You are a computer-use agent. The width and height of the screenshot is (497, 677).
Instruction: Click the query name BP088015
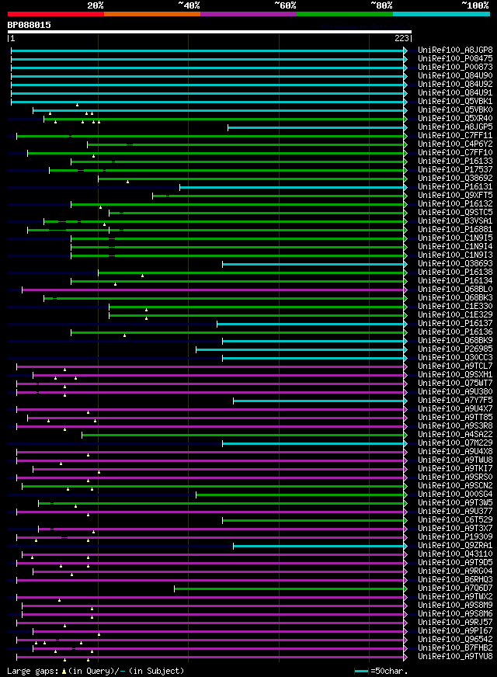pyautogui.click(x=30, y=25)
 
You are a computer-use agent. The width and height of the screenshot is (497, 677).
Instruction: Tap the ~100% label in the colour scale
pyautogui.click(x=474, y=5)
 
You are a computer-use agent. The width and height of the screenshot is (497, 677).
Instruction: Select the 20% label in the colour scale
pyautogui.click(x=96, y=5)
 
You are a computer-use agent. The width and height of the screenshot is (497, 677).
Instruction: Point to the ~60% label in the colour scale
pyautogui.click(x=285, y=5)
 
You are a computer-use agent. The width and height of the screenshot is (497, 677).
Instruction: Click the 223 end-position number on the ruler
pyautogui.click(x=402, y=38)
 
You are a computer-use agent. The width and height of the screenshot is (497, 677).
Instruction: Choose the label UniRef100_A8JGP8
pyautogui.click(x=455, y=50)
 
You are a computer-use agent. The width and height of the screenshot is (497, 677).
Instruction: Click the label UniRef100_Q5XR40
pyautogui.click(x=455, y=118)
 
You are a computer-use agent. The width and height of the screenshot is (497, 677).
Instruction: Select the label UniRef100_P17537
pyautogui.click(x=455, y=169)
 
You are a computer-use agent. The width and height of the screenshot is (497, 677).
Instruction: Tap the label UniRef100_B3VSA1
pyautogui.click(x=455, y=220)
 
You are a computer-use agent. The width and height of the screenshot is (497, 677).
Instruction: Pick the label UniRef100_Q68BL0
pyautogui.click(x=455, y=289)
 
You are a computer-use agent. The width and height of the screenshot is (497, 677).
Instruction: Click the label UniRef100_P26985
pyautogui.click(x=455, y=349)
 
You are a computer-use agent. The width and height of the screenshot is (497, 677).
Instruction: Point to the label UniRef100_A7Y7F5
pyautogui.click(x=455, y=400)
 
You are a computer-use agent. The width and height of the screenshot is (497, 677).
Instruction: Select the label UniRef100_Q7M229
pyautogui.click(x=455, y=443)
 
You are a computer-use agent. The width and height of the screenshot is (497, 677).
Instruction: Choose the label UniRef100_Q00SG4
pyautogui.click(x=455, y=494)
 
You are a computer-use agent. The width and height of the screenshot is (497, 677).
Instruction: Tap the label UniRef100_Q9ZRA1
pyautogui.click(x=455, y=545)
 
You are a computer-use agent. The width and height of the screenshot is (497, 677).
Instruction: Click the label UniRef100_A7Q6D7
pyautogui.click(x=455, y=588)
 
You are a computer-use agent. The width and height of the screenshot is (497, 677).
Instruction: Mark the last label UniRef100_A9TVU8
pyautogui.click(x=455, y=656)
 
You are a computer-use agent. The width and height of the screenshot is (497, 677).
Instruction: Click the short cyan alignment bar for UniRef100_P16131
pyautogui.click(x=292, y=186)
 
